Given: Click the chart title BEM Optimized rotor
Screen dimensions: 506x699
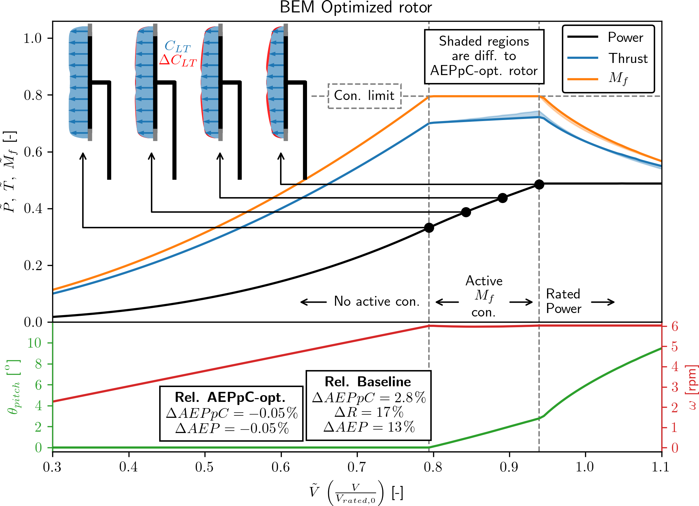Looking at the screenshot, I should click(x=356, y=8).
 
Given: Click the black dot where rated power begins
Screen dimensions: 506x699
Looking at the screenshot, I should click(x=539, y=184).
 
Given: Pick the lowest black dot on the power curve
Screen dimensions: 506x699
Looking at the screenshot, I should click(x=429, y=228).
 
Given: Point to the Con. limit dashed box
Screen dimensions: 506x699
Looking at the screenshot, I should click(x=364, y=96).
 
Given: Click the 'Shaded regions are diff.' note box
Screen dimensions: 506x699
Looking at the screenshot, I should click(x=484, y=56).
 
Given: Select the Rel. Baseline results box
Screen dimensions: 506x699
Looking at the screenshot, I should click(x=368, y=405).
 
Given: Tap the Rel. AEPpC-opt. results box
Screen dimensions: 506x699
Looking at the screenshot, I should click(x=231, y=413).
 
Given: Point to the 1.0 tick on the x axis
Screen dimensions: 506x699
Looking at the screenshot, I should click(x=585, y=467).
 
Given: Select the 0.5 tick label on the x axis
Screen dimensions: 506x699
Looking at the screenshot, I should click(x=204, y=467).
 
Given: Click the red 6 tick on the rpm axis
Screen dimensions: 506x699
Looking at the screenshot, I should click(x=674, y=326).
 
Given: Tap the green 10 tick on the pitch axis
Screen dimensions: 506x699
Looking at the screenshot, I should click(x=34, y=343).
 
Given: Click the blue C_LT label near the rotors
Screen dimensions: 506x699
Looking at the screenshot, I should click(x=177, y=46).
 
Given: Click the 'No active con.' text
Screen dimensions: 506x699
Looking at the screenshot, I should click(x=376, y=302).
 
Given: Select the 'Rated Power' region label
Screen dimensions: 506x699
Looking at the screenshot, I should click(x=564, y=301).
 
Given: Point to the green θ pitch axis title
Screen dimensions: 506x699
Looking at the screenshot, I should click(x=14, y=387).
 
